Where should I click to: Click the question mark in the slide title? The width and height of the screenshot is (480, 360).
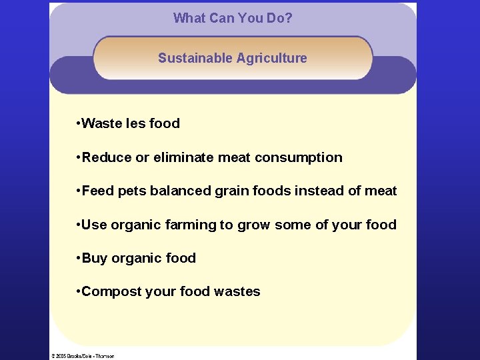[289, 18]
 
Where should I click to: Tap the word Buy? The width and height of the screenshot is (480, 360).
[94, 259]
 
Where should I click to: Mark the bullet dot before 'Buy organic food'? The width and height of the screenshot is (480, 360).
[78, 259]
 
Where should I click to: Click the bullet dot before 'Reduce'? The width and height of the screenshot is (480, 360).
[78, 157]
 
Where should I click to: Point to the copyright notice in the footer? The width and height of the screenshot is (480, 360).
[83, 356]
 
